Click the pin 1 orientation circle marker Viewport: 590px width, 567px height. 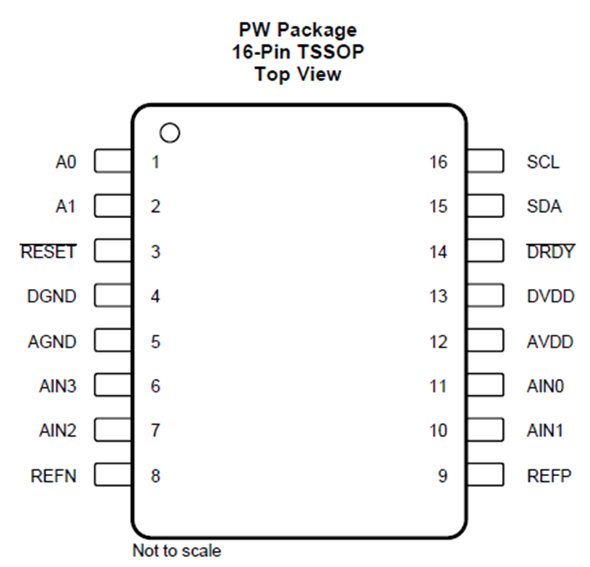170,132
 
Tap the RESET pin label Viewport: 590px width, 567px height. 48,251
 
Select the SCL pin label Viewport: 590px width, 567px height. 543,161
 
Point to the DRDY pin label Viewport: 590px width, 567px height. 551,251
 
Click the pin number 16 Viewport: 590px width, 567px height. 439,162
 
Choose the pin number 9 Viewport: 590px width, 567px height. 443,476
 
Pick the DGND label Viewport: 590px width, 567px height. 53,296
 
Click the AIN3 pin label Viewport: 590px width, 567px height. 58,386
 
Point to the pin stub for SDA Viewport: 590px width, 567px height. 485,206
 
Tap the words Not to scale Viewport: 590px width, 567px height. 177,551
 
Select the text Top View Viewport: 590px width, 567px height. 298,73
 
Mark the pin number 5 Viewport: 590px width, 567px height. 155,342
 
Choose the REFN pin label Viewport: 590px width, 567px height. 53,476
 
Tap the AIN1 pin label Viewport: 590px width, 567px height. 547,431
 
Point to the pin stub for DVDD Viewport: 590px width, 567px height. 485,296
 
